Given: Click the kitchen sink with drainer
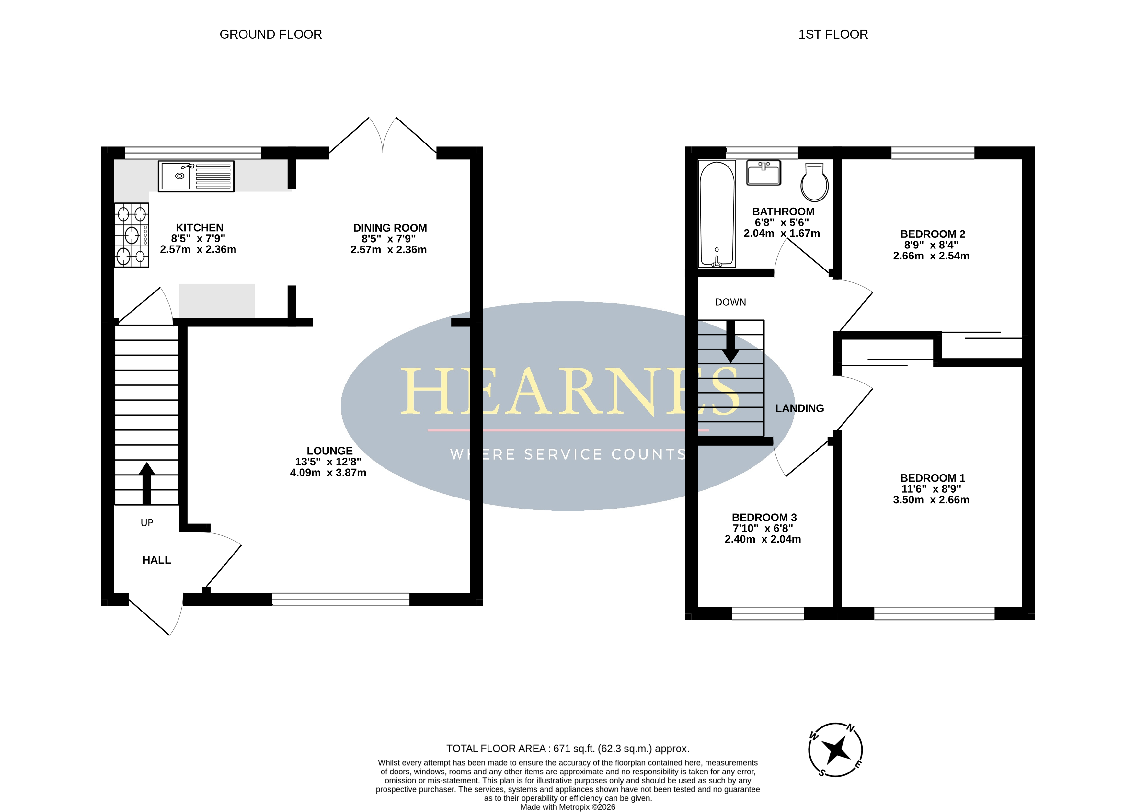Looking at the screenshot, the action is [196, 176].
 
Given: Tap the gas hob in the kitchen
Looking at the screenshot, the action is [132, 235].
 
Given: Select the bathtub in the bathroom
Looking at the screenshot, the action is [717, 213].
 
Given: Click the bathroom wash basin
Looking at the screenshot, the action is [763, 173].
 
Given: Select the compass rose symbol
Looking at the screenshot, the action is [835, 750].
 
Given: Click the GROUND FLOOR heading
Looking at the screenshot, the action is [270, 35].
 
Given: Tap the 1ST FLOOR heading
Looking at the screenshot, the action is [833, 35].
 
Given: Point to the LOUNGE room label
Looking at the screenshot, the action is [329, 451].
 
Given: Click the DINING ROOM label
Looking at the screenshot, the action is [390, 228].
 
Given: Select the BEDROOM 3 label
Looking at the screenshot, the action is [764, 518].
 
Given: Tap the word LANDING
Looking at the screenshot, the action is [799, 408].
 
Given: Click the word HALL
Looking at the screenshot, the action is [156, 560].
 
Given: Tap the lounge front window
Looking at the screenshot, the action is [340, 599].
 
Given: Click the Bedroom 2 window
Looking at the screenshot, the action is [933, 153].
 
